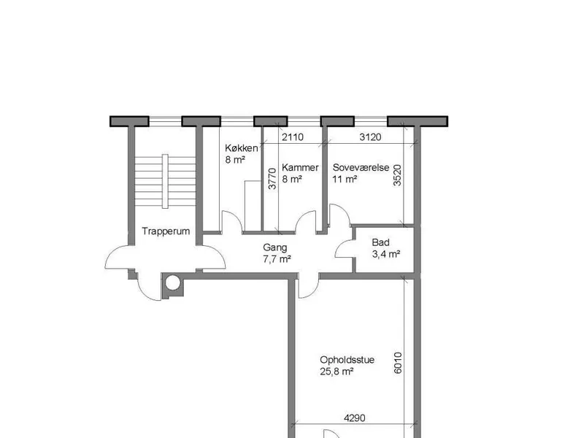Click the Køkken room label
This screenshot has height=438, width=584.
click(242, 148)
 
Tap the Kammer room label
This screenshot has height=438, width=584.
click(300, 168)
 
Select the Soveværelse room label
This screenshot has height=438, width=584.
click(361, 168)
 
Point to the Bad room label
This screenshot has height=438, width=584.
click(380, 242)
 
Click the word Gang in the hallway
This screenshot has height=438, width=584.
click(275, 247)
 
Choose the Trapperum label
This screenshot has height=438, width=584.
click(166, 231)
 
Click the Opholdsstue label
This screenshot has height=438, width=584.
click(347, 360)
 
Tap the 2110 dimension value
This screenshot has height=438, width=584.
click(293, 137)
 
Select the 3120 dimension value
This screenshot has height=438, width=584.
click(370, 137)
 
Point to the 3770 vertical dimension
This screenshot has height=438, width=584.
click(272, 179)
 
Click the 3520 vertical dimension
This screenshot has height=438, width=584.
click(397, 175)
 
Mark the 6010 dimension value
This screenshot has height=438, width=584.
click(398, 363)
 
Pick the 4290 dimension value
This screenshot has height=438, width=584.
click(354, 418)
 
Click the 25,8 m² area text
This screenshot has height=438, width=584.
click(337, 372)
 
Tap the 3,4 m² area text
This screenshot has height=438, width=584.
click(386, 254)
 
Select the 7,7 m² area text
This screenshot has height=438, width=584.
click(277, 259)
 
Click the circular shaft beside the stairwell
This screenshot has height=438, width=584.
click(172, 283)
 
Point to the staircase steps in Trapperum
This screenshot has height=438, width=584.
click(165, 181)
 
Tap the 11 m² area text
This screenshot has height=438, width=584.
click(345, 179)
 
